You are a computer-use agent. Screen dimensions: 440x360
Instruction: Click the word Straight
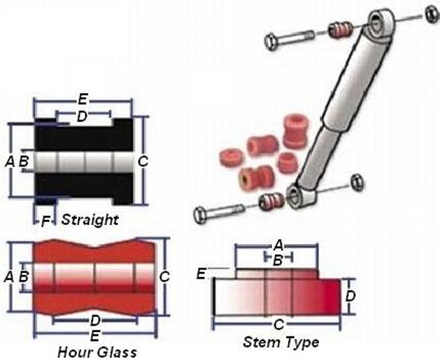pyautogui.click(x=89, y=220)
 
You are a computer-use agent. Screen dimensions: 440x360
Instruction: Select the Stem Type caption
pyautogui.click(x=281, y=342)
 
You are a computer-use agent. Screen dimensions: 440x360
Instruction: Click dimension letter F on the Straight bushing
pyautogui.click(x=45, y=219)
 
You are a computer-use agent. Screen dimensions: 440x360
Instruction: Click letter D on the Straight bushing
pyautogui.click(x=81, y=116)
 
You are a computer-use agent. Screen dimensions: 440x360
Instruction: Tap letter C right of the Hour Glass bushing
pyautogui.click(x=164, y=276)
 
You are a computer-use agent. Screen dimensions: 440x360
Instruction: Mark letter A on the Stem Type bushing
pyautogui.click(x=279, y=246)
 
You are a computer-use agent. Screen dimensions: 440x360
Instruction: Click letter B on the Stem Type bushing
pyautogui.click(x=278, y=259)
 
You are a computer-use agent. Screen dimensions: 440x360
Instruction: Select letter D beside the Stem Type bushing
pyautogui.click(x=351, y=296)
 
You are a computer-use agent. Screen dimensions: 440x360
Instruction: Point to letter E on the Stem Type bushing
pyautogui.click(x=200, y=274)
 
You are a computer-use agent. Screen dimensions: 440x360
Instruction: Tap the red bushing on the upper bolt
pyautogui.click(x=338, y=30)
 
